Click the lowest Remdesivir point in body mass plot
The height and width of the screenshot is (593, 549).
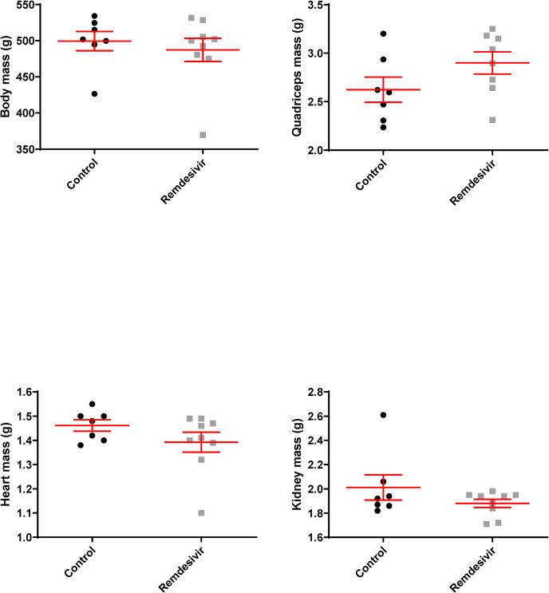point(203,135)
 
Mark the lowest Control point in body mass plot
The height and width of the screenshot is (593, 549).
point(94,93)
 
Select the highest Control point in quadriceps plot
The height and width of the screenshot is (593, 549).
point(383,34)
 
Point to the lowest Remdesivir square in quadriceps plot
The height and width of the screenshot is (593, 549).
point(492,120)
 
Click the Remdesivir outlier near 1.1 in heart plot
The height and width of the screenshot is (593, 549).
point(201,512)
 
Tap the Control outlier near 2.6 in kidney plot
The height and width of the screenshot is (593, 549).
point(383,415)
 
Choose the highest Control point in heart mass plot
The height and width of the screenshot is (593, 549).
point(93,404)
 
